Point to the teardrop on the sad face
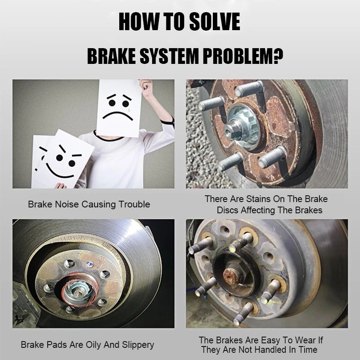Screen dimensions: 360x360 click(129, 110)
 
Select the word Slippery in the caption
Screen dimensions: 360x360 click(138, 345)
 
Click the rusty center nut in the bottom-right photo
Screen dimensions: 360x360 click(231, 275)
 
